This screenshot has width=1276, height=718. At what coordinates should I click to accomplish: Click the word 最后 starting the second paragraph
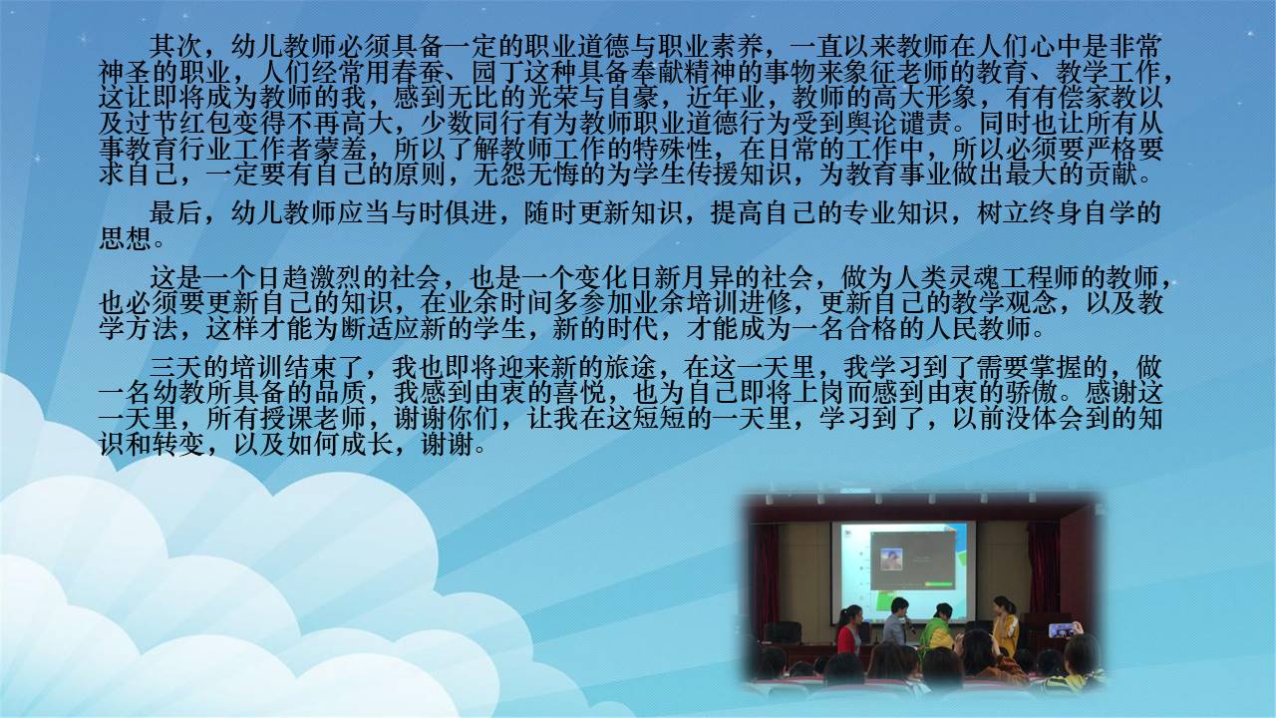(x=175, y=213)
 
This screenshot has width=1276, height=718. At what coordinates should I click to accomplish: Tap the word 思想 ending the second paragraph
(x=126, y=238)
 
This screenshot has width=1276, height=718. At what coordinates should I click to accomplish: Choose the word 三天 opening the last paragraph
(x=175, y=368)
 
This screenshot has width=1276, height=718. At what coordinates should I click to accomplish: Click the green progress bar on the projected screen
(x=938, y=584)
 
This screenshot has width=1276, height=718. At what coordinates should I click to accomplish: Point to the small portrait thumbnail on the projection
(x=891, y=559)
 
